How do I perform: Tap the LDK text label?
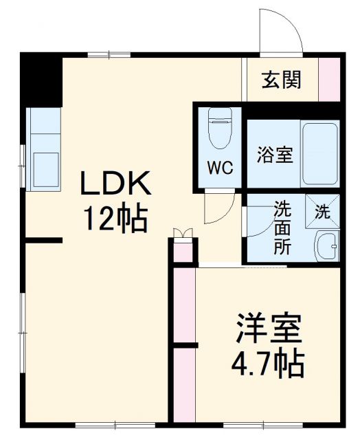tap(115, 184)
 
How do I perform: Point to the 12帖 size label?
tap(115, 218)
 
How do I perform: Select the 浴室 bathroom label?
tap(275, 155)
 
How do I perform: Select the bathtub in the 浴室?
tap(320, 153)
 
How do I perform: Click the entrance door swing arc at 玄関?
tap(280, 31)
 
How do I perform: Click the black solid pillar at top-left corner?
tap(40, 78)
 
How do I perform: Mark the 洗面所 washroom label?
tap(282, 227)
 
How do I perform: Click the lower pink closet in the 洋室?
tap(183, 384)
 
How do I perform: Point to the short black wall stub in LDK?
tap(44, 241)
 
